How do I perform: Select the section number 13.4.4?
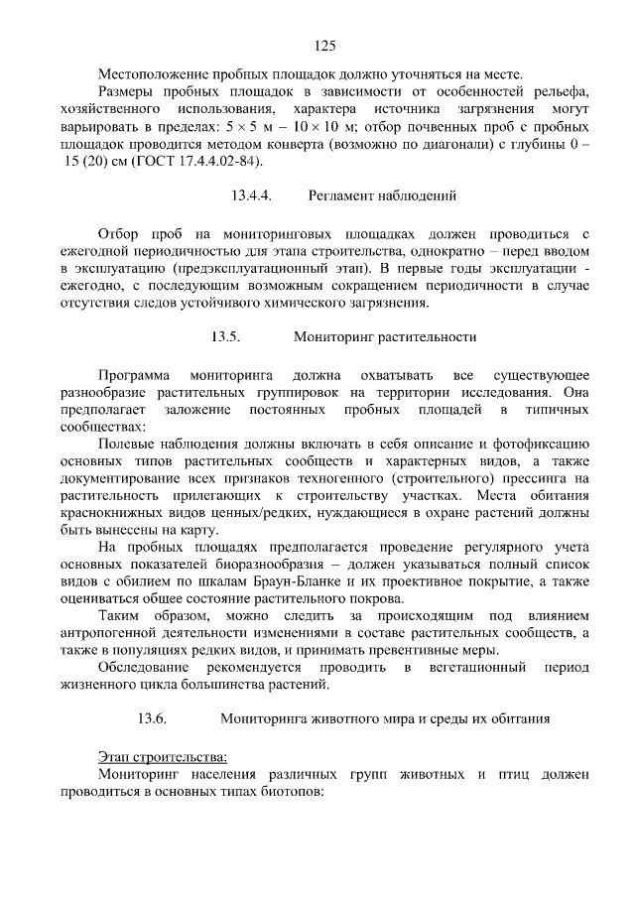[251, 195]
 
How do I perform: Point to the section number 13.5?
[225, 336]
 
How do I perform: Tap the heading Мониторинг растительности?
[385, 336]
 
